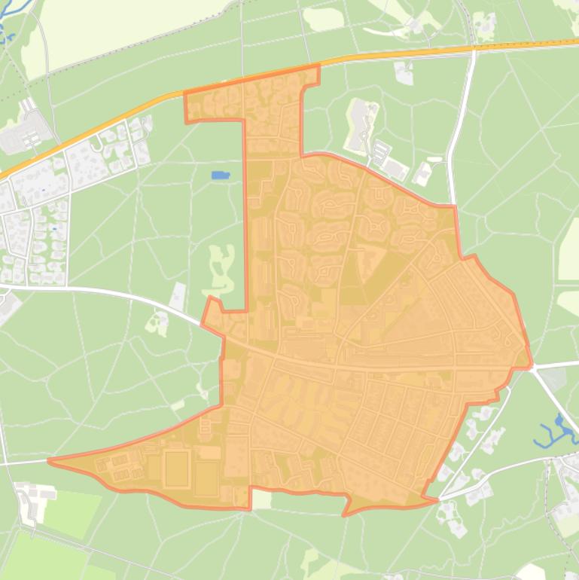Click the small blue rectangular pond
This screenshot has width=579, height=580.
point(220,176)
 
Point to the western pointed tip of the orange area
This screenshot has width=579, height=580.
point(50,460)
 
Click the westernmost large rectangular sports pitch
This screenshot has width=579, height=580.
point(175,468)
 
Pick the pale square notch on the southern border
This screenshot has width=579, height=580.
point(261,499)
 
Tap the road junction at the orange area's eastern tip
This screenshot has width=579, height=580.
point(532,367)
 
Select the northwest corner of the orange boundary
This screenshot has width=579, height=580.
point(185,94)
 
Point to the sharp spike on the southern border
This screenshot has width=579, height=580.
point(345,514)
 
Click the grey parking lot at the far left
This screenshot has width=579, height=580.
point(29,136)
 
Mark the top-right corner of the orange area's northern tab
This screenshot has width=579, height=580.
point(318,67)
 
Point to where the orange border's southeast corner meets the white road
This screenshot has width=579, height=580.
point(437,498)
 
